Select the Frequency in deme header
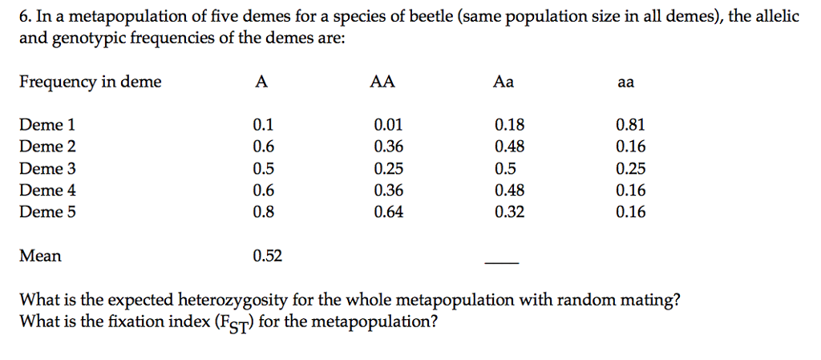[x=90, y=82]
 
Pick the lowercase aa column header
[x=625, y=82]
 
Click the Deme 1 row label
[x=47, y=125]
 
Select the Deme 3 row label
[x=47, y=168]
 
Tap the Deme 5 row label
[x=47, y=212]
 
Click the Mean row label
[x=40, y=256]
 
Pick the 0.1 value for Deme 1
[x=262, y=125]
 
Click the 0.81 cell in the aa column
[x=630, y=125]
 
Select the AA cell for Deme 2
[x=389, y=147]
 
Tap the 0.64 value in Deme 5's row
[x=389, y=212]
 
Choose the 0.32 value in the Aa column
[x=509, y=212]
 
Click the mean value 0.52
[x=267, y=256]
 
